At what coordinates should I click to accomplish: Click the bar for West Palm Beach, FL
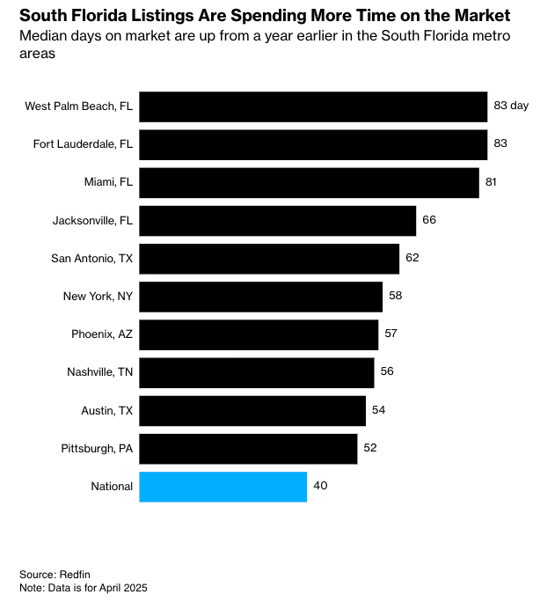[313, 106]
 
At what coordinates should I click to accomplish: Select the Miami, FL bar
[309, 182]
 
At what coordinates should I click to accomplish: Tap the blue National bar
[223, 487]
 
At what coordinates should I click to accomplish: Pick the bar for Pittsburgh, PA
[248, 448]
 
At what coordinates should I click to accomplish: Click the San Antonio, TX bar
[269, 259]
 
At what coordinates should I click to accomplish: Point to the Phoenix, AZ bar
[259, 334]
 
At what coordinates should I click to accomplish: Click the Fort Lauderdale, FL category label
[83, 144]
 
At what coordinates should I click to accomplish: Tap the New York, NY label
[98, 297]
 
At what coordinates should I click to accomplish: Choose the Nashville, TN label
[99, 372]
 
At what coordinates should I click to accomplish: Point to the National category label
[112, 487]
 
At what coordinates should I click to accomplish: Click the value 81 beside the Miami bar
[491, 182]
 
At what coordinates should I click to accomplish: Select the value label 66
[429, 220]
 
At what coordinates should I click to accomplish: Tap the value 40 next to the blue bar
[320, 486]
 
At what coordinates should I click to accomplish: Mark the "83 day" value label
[511, 106]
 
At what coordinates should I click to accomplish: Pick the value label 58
[395, 296]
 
